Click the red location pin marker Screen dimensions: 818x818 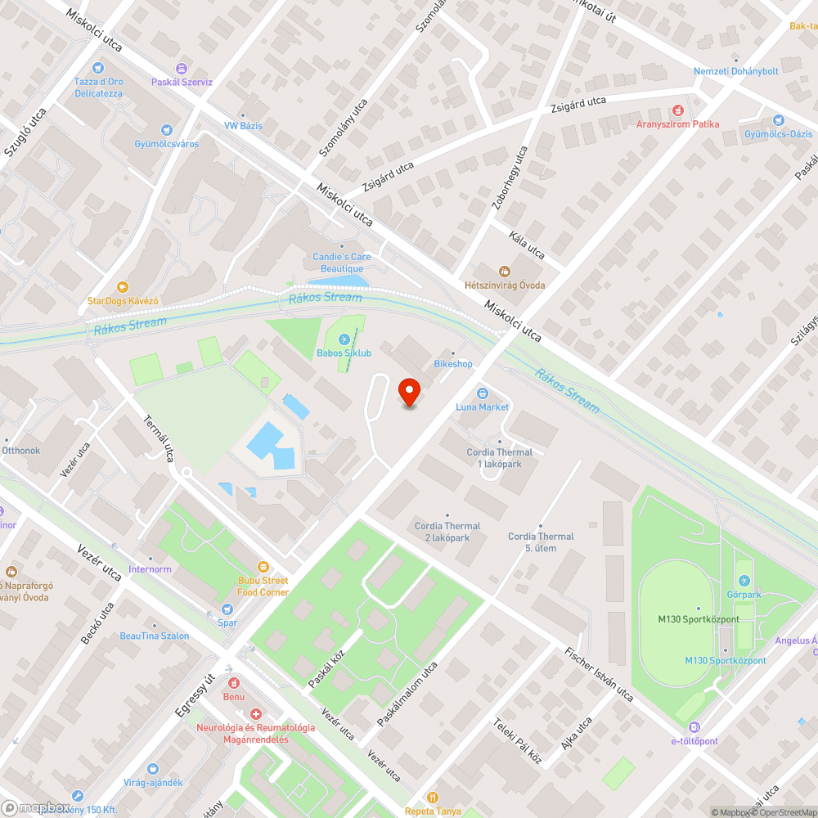pyautogui.click(x=409, y=393)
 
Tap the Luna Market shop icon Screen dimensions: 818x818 pyautogui.click(x=483, y=393)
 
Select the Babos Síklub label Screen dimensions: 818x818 pyautogui.click(x=344, y=353)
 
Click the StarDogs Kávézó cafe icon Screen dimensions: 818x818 pyautogui.click(x=123, y=287)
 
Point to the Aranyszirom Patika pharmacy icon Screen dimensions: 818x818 pyautogui.click(x=677, y=110)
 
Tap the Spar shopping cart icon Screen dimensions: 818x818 pyautogui.click(x=227, y=609)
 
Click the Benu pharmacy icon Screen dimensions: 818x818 pyautogui.click(x=234, y=683)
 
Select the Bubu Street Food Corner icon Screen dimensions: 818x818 pyautogui.click(x=263, y=566)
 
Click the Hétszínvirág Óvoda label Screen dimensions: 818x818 pyautogui.click(x=505, y=285)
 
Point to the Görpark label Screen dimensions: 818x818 pyautogui.click(x=744, y=595)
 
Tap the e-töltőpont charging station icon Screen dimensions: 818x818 pyautogui.click(x=694, y=726)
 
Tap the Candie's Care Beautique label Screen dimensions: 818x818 pyautogui.click(x=342, y=263)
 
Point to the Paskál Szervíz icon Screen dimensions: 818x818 pyautogui.click(x=182, y=69)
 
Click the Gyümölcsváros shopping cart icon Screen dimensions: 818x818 pyautogui.click(x=167, y=129)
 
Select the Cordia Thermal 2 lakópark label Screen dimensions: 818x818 pyautogui.click(x=447, y=532)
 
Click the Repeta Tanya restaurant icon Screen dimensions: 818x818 pyautogui.click(x=434, y=798)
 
